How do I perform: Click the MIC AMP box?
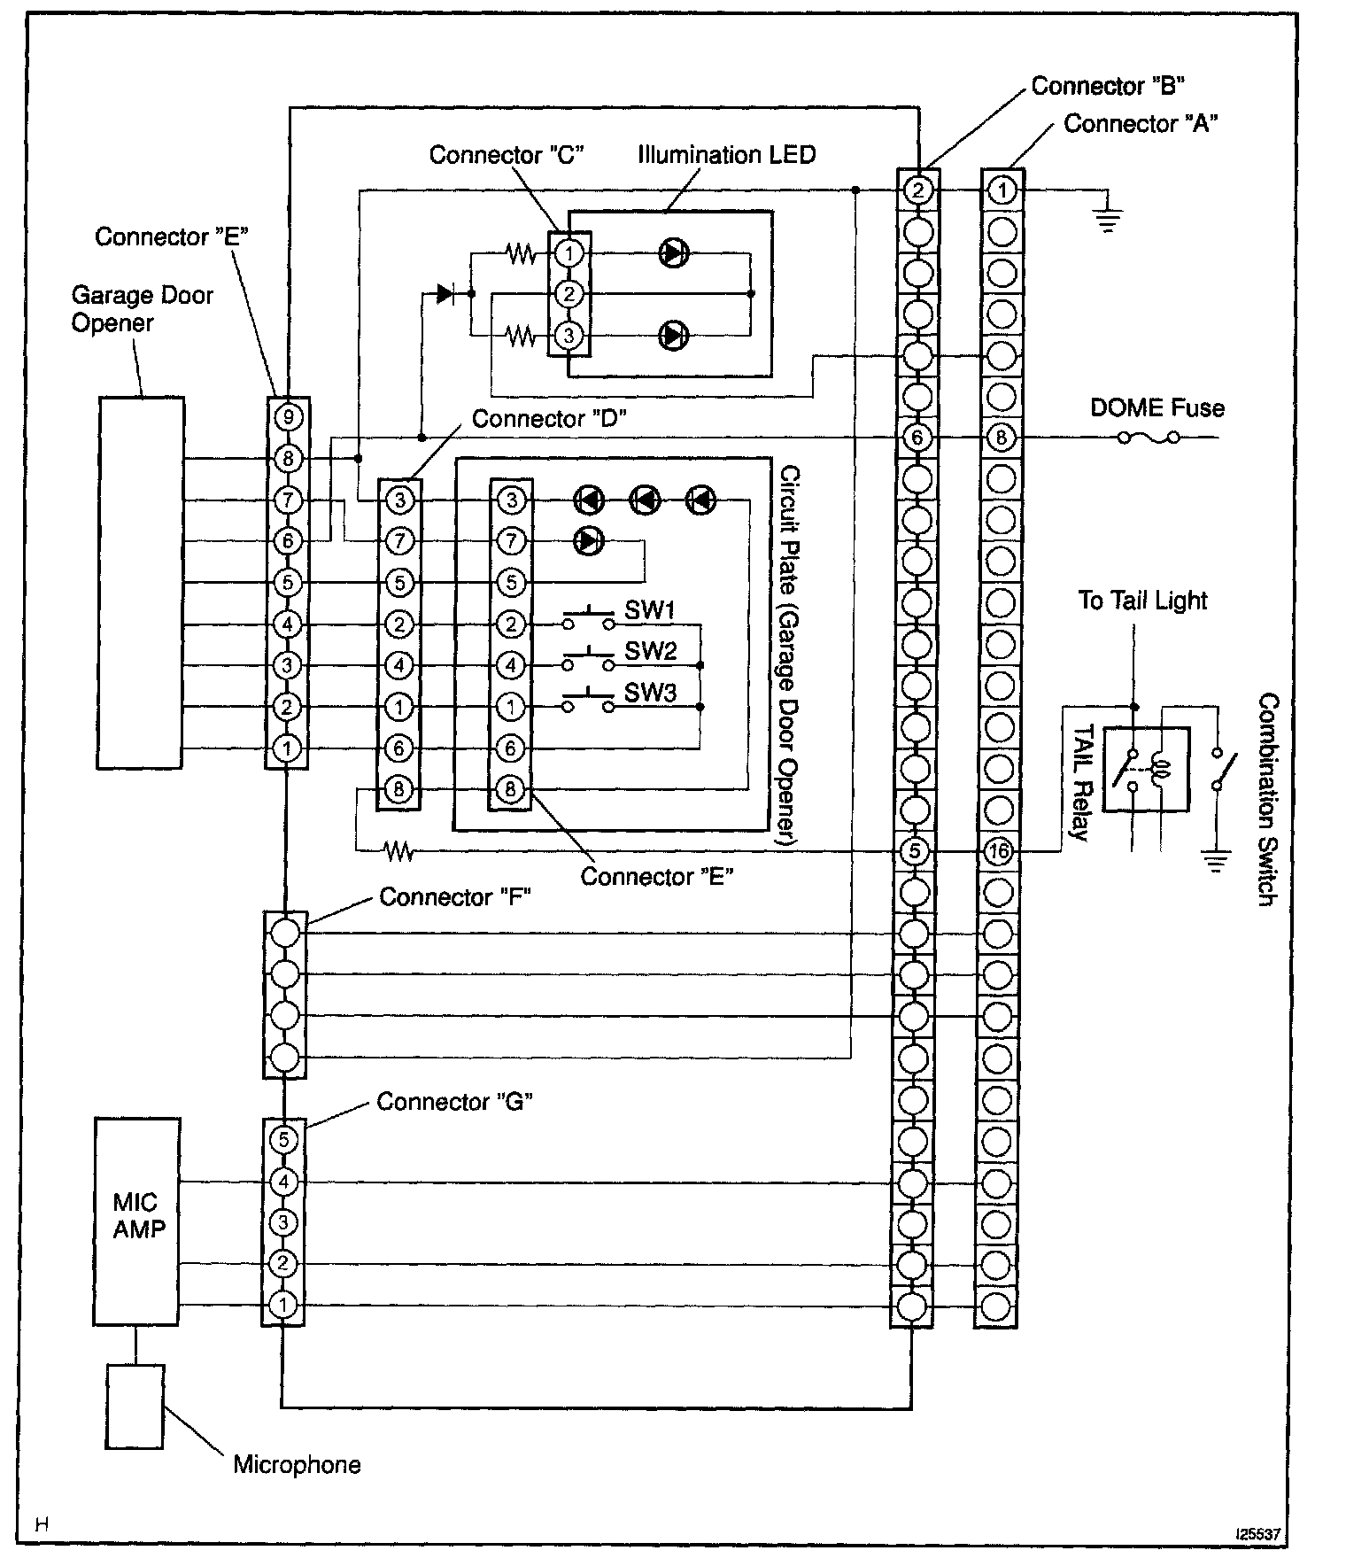coord(136,1221)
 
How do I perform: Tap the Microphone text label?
coord(297,1464)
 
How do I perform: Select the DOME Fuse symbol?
coord(1148,438)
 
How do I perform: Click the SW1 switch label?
coord(650,610)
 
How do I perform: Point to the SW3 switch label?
coord(650,693)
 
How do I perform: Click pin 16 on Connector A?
coord(998,851)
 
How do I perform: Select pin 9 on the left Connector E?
coord(288,416)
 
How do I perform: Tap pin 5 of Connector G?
coord(283,1139)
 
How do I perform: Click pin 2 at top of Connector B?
coord(917,190)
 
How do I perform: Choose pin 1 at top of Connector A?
coord(1002,190)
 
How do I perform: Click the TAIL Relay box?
coord(1149,769)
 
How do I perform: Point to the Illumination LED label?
coord(726,155)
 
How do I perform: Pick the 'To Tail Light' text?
coord(1142,601)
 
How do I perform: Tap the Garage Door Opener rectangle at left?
coord(141,582)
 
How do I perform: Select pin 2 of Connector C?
coord(569,293)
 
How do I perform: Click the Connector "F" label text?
coord(454,897)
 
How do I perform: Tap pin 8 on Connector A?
coord(1002,438)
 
